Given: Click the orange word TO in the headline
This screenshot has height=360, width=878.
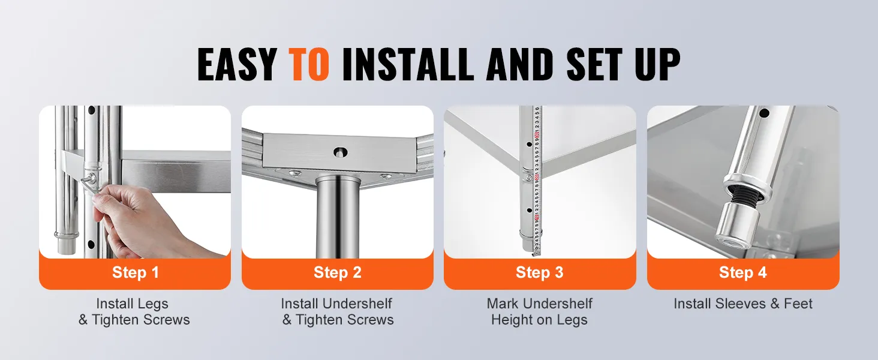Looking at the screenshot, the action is [308, 64].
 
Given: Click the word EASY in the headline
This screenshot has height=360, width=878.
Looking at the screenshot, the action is [237, 64].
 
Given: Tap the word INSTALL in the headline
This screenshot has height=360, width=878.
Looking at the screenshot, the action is [408, 64].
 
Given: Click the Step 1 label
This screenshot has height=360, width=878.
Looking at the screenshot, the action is [135, 272].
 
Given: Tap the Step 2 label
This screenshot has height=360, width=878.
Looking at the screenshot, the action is [338, 272].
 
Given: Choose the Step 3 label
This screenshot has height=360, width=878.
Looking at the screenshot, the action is [540, 272].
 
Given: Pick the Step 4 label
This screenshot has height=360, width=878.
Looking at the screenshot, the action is [743, 272].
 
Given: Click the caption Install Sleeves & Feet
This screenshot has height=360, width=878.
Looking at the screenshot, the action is [743, 304].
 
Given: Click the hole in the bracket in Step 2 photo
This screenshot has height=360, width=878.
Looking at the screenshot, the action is [340, 152].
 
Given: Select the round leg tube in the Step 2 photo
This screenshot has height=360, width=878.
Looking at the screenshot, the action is [338, 218].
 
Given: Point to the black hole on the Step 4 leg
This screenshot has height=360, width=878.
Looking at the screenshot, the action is [764, 114].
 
